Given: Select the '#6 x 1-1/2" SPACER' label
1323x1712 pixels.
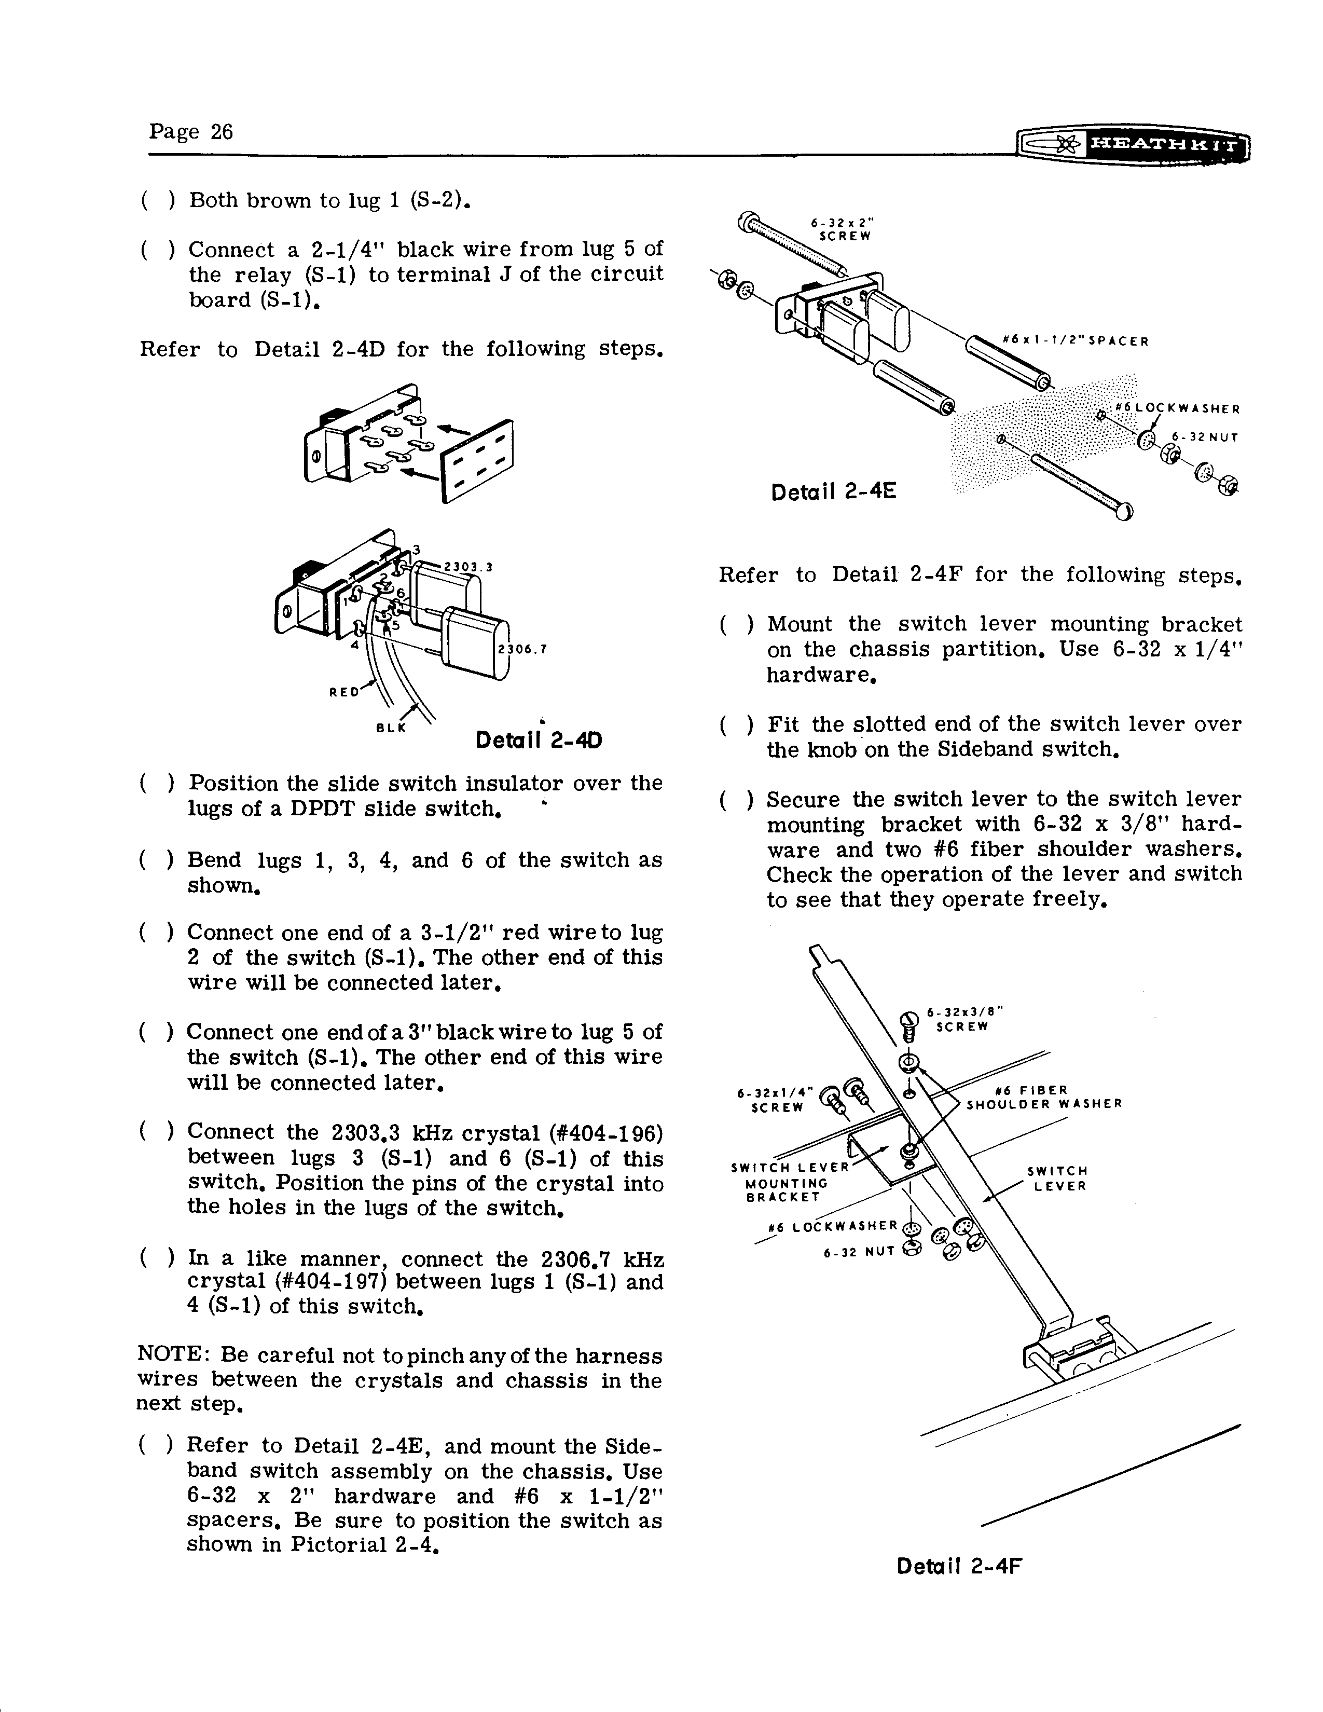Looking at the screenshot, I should pos(1076,341).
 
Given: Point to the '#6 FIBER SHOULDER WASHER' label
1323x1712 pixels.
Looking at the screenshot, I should pos(1043,1098).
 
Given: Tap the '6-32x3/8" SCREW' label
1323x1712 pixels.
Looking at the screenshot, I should pos(964,1019).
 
